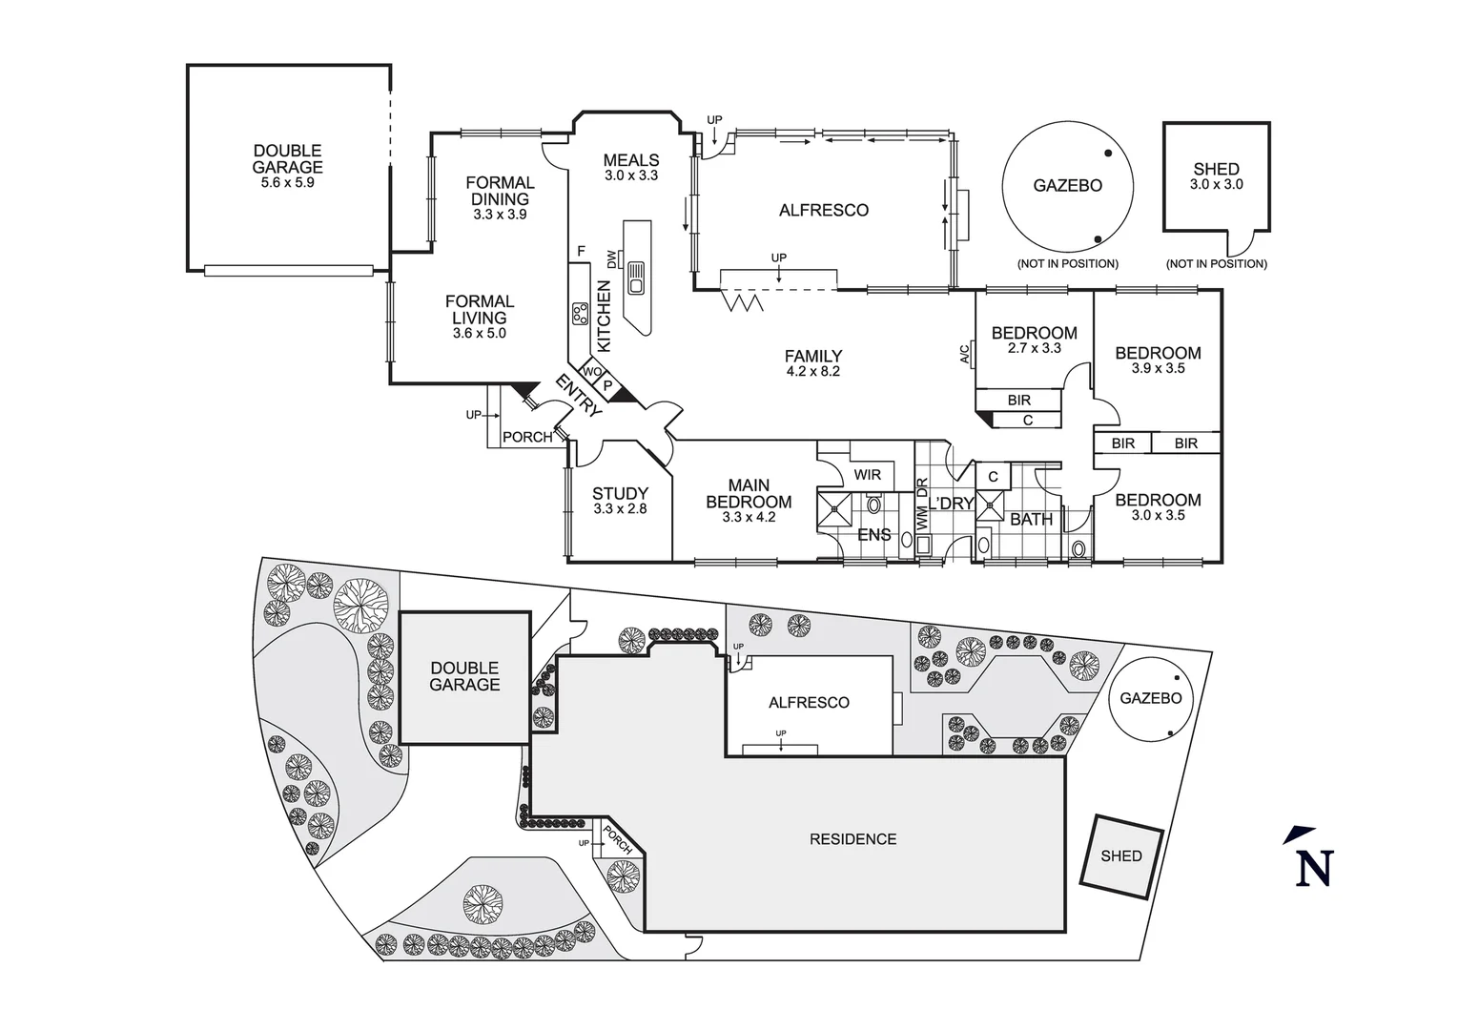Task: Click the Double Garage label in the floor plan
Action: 287,158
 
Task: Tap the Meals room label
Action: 631,160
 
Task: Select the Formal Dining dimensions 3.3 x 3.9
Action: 500,215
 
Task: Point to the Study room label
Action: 620,493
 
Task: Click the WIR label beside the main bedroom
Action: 867,475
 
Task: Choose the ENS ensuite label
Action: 873,535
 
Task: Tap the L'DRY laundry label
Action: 952,504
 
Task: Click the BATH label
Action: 1031,519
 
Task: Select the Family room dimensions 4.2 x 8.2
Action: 812,372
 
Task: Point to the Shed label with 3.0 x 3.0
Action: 1216,176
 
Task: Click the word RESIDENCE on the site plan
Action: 852,839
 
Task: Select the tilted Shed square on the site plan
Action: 1120,855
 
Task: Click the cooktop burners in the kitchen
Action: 579,313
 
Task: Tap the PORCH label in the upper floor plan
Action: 526,437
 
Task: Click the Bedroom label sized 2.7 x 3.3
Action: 1034,333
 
